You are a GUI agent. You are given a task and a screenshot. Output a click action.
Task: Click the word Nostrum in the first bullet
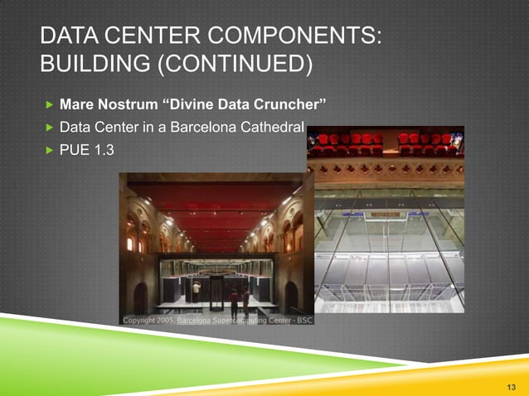(123, 106)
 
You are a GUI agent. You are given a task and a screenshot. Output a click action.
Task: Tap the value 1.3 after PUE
(104, 152)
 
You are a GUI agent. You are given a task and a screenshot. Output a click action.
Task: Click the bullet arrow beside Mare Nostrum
(48, 106)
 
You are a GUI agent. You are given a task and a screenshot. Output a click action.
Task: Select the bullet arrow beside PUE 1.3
(48, 152)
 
